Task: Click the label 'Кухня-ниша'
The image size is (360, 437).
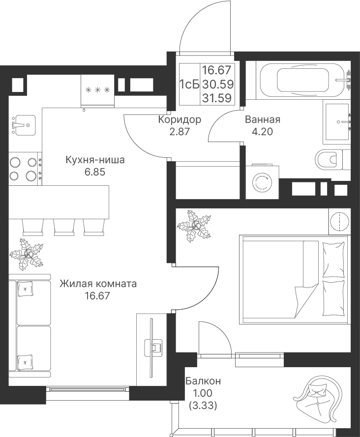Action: [95, 160]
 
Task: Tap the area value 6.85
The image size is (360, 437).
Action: [95, 172]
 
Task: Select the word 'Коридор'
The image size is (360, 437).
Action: [180, 119]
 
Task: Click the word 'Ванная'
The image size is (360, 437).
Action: [263, 119]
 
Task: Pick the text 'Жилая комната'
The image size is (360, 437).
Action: [98, 284]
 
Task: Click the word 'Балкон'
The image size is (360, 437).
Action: [203, 380]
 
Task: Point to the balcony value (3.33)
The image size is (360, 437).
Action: [203, 405]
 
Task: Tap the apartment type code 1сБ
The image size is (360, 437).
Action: [189, 84]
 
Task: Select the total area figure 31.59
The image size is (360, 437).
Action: [217, 98]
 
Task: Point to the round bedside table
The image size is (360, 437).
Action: [339, 222]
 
